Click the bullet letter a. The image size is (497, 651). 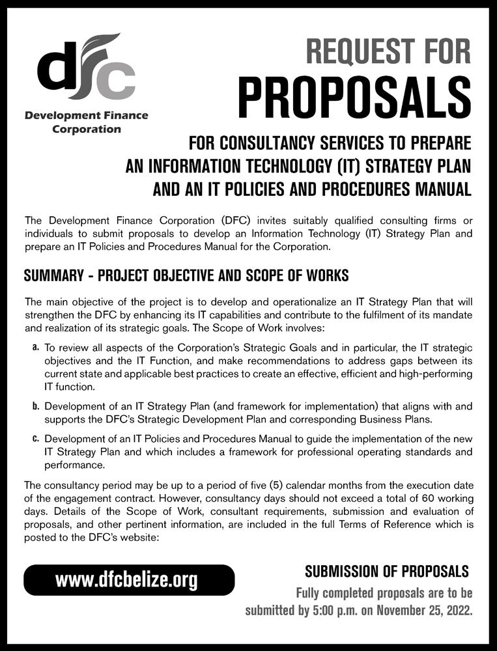coord(36,349)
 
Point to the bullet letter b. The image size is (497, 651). coord(36,406)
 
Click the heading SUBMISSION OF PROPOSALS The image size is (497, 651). coord(387,572)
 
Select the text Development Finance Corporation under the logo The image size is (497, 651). coord(86,122)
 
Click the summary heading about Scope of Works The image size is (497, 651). coord(186,275)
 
